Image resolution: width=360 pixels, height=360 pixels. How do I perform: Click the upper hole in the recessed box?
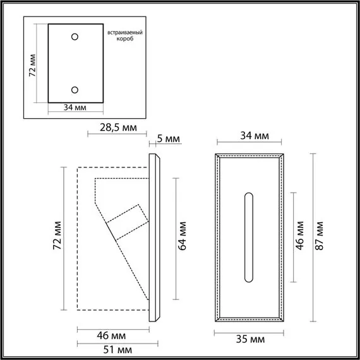tap(75, 37)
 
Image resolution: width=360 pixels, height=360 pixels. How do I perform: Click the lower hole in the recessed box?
tap(75, 90)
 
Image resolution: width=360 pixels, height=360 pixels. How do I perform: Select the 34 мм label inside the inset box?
tap(75, 109)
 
